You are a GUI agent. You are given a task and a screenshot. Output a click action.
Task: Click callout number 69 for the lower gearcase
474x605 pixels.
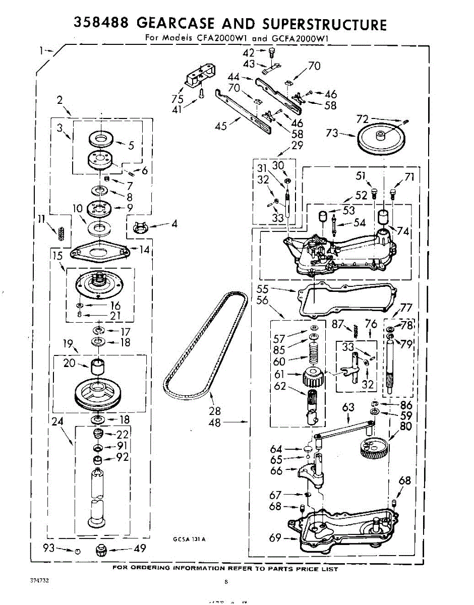click(x=275, y=538)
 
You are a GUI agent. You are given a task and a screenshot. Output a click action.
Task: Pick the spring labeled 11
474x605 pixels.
click(x=62, y=233)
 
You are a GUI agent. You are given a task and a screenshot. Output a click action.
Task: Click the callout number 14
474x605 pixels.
click(x=145, y=249)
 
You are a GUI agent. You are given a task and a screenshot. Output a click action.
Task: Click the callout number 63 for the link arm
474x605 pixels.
click(x=348, y=407)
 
